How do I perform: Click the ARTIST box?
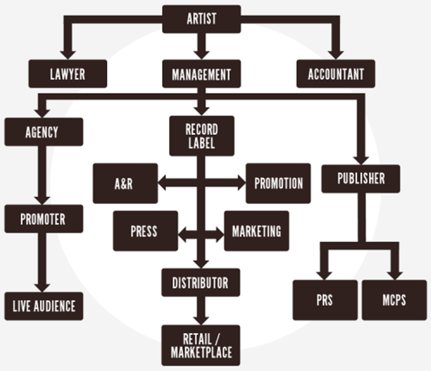[201, 19]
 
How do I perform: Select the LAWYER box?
[68, 74]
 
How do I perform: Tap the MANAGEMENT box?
[201, 74]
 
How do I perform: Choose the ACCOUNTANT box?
[336, 74]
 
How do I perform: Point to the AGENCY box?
[44, 132]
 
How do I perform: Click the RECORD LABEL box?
[201, 136]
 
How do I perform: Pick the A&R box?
[125, 184]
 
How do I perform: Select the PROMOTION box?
[278, 184]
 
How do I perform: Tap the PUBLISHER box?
[361, 179]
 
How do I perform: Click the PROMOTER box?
[44, 219]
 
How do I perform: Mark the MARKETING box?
[256, 231]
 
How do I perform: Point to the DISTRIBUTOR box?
[201, 283]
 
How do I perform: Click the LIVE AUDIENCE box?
[44, 306]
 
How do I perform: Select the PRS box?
[325, 300]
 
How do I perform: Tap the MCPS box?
[394, 300]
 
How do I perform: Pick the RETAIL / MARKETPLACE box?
[201, 345]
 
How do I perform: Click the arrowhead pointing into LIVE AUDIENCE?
[42, 287]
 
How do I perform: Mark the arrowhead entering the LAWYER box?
[68, 54]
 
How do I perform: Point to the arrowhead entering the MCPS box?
[394, 275]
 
